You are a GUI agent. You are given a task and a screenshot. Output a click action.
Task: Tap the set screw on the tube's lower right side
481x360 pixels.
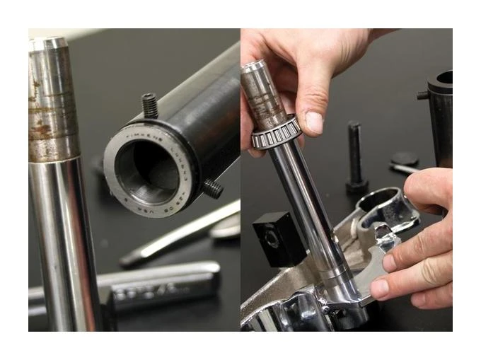click(212, 188)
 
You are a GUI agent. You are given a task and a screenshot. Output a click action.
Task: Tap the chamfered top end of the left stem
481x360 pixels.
click(47, 45)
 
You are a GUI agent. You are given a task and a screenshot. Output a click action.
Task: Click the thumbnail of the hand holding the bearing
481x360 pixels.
click(314, 122)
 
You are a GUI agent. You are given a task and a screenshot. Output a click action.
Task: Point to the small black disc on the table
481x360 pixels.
click(405, 158)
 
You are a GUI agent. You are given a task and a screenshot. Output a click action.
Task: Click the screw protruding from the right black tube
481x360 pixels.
click(422, 94)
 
